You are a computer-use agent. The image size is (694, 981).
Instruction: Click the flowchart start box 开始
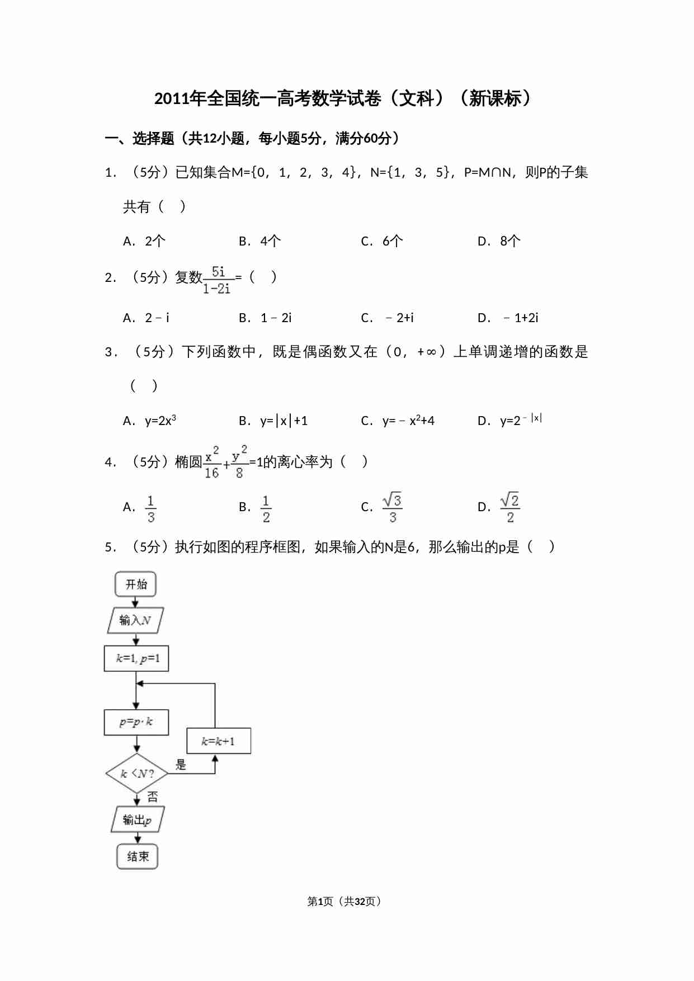tap(136, 584)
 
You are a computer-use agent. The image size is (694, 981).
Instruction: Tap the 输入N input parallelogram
tap(135, 620)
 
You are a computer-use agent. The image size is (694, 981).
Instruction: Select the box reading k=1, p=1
tap(136, 658)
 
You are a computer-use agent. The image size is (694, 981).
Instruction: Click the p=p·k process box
tap(136, 722)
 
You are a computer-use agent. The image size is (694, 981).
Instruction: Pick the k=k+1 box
tap(218, 741)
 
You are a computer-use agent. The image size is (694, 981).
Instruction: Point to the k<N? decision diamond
tap(136, 774)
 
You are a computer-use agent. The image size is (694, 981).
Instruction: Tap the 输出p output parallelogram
tap(138, 820)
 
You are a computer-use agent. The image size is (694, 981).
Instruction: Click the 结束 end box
tap(138, 856)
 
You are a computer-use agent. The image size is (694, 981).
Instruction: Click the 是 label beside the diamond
tap(181, 764)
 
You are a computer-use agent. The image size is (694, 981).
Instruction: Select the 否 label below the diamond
tap(153, 796)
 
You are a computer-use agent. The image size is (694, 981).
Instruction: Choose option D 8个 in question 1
tap(499, 241)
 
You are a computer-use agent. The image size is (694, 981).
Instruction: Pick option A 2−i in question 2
tap(146, 318)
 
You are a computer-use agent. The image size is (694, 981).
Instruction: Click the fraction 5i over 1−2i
tap(217, 280)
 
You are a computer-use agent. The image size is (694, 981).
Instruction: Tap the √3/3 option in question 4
tap(393, 508)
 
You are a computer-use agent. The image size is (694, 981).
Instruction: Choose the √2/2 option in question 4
tap(510, 508)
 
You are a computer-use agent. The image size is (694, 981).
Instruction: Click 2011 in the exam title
tap(172, 98)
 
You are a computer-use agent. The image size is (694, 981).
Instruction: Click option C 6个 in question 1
tap(382, 241)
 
